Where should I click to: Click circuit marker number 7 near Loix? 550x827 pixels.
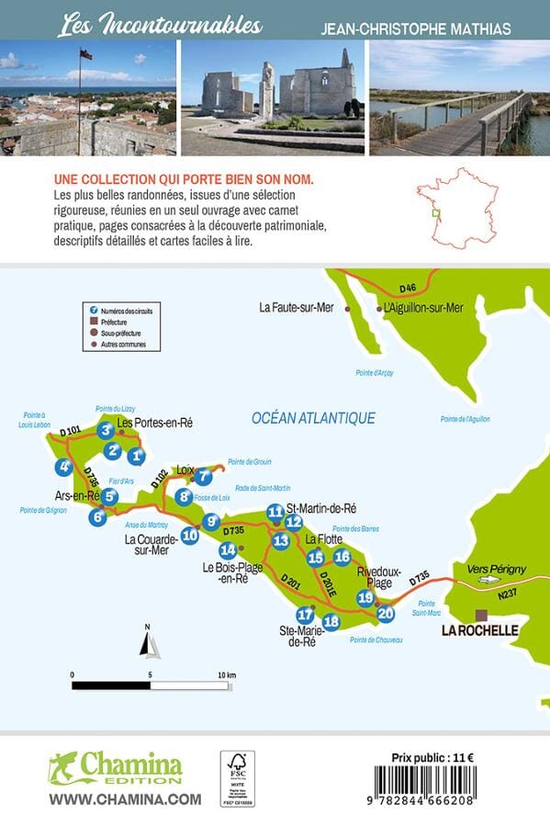tap(204, 476)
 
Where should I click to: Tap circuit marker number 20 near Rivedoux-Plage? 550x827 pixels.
tap(386, 613)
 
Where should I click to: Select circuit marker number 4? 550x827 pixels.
tap(63, 467)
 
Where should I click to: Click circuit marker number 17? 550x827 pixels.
tap(306, 615)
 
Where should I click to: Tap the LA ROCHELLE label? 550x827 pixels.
tap(480, 630)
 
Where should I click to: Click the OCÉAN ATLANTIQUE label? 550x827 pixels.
tap(313, 418)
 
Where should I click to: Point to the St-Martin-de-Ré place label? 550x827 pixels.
tap(321, 508)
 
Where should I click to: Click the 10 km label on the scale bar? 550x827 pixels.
tap(227, 675)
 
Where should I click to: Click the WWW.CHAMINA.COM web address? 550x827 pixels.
tap(125, 799)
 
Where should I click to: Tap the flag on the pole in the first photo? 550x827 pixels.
tap(85, 54)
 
